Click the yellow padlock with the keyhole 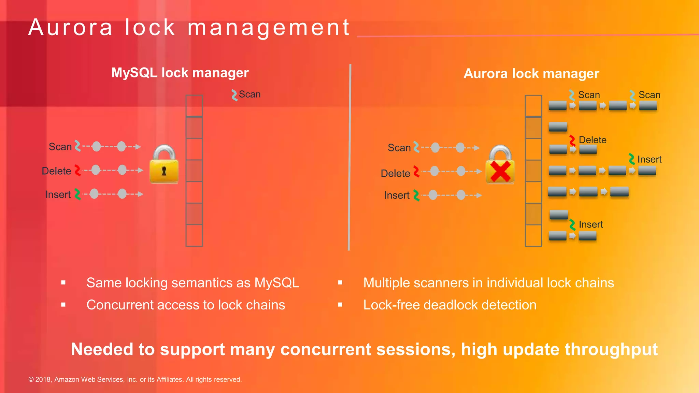pyautogui.click(x=164, y=165)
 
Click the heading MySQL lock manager pyautogui.click(x=180, y=73)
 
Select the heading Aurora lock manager pyautogui.click(x=531, y=74)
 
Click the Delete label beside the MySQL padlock pyautogui.click(x=56, y=171)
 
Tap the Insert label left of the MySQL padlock pyautogui.click(x=58, y=195)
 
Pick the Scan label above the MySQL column pyautogui.click(x=249, y=94)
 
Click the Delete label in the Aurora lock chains pyautogui.click(x=593, y=140)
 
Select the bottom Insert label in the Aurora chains pyautogui.click(x=591, y=224)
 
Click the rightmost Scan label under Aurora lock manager pyautogui.click(x=649, y=95)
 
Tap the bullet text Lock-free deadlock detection pyautogui.click(x=450, y=305)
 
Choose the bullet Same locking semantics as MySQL pyautogui.click(x=192, y=283)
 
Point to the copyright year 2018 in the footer pyautogui.click(x=43, y=379)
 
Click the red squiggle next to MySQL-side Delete pyautogui.click(x=77, y=171)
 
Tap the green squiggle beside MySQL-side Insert pyautogui.click(x=77, y=194)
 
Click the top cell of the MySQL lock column pyautogui.click(x=194, y=106)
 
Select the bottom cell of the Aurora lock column pyautogui.click(x=533, y=235)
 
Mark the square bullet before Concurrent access pyautogui.click(x=63, y=305)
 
